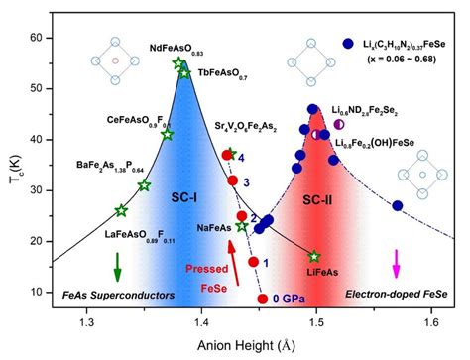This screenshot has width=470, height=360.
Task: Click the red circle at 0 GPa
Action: click(262, 298)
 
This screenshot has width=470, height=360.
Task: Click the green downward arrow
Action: click(118, 267)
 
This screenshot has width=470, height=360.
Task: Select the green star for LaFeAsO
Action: click(121, 209)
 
